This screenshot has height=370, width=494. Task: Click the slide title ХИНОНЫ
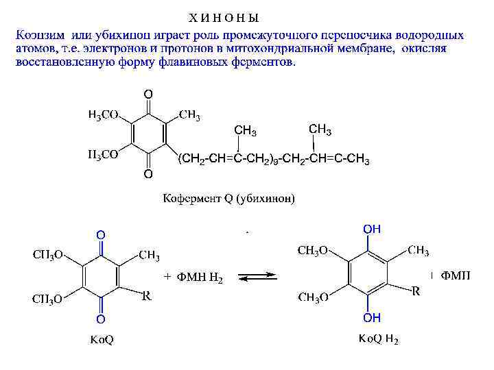coord(224,16)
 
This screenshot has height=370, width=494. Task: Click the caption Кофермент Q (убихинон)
coord(228,199)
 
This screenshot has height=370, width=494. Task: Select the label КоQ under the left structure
coord(102,341)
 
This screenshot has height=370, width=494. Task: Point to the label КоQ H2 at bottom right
coord(378,339)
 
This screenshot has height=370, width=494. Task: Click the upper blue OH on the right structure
coord(372,228)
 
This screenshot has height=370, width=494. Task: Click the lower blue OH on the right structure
coord(372,318)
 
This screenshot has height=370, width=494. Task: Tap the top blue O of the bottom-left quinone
coord(100,235)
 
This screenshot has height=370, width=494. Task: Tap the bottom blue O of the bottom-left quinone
coord(100,319)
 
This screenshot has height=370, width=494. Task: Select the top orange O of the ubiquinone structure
coord(148,92)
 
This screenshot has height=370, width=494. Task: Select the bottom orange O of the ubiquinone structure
coord(148,176)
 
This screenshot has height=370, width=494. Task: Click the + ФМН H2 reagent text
coord(193,277)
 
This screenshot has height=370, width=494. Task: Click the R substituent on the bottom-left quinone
coord(146,296)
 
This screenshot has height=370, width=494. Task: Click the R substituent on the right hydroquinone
coord(416,291)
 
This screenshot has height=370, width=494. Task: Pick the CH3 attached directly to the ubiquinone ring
coord(189,114)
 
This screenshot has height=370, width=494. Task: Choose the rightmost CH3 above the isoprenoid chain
coord(320,129)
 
